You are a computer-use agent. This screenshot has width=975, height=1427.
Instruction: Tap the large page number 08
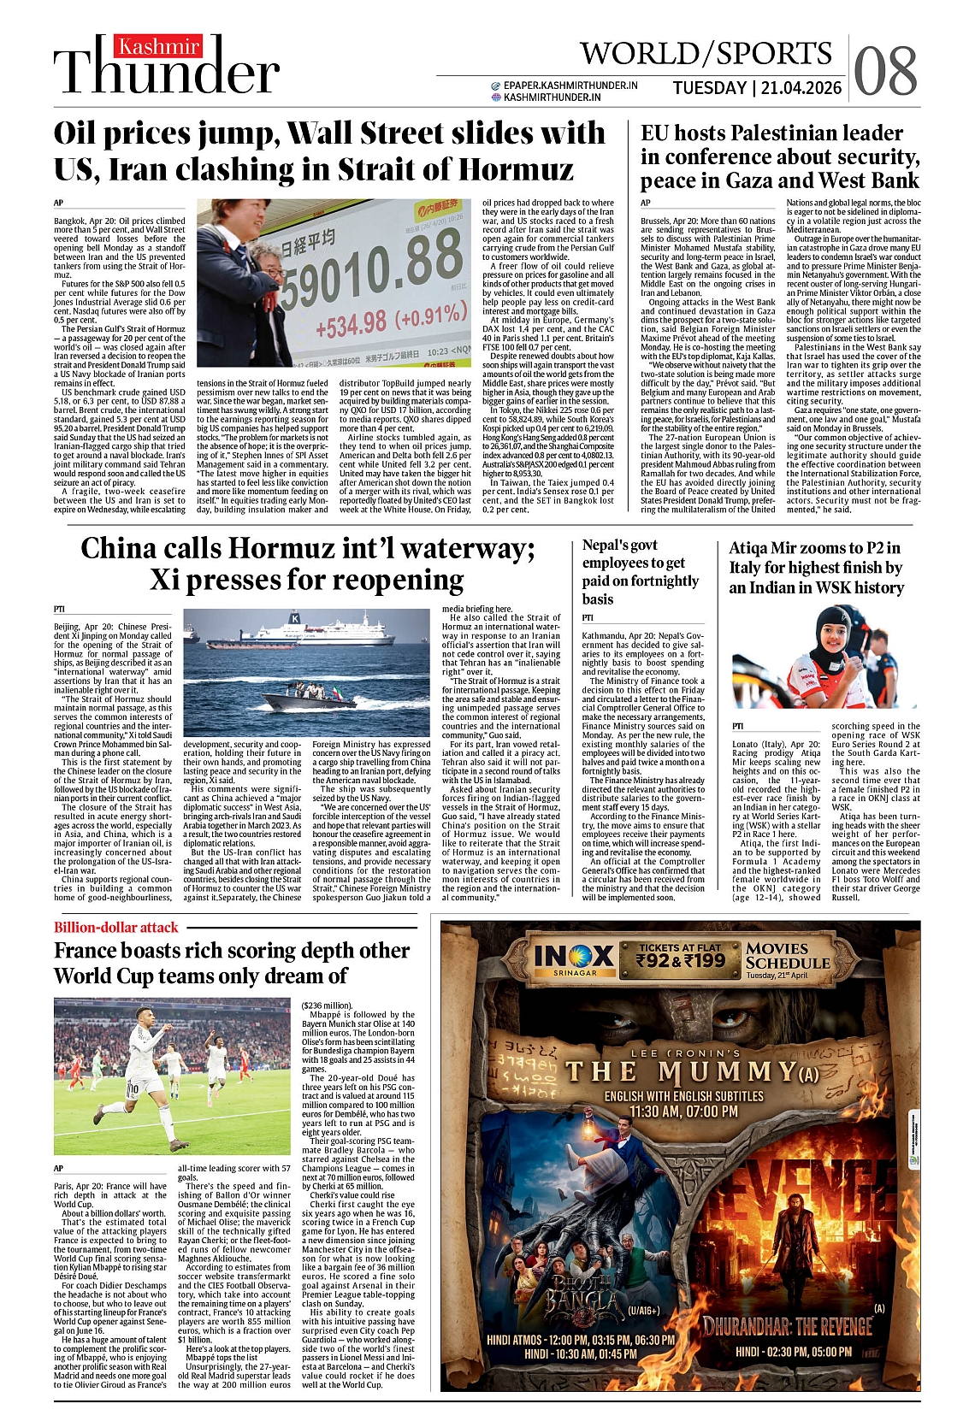coord(885,72)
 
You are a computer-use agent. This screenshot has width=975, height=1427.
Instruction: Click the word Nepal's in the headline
coord(605,545)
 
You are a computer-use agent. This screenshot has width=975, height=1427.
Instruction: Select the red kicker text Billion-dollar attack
coord(116,927)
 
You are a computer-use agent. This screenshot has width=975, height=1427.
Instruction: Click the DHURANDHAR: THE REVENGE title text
coord(788,1325)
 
